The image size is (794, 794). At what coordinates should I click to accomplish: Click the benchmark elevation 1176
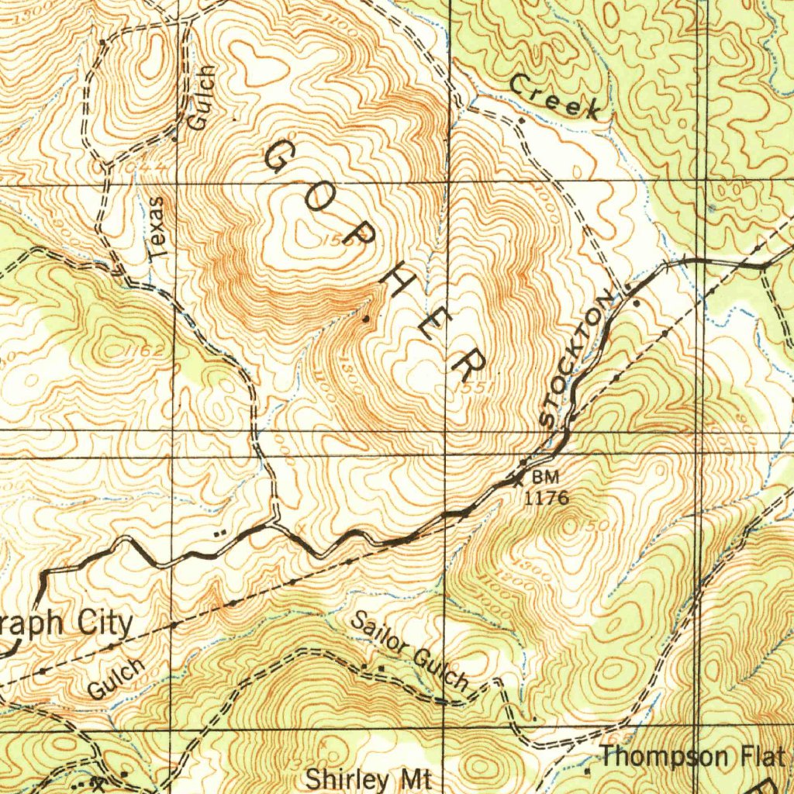(547, 499)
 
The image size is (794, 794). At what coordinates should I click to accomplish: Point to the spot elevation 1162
(145, 351)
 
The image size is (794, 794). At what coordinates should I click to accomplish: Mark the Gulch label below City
(116, 678)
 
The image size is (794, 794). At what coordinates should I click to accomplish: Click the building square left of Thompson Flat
(587, 771)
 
